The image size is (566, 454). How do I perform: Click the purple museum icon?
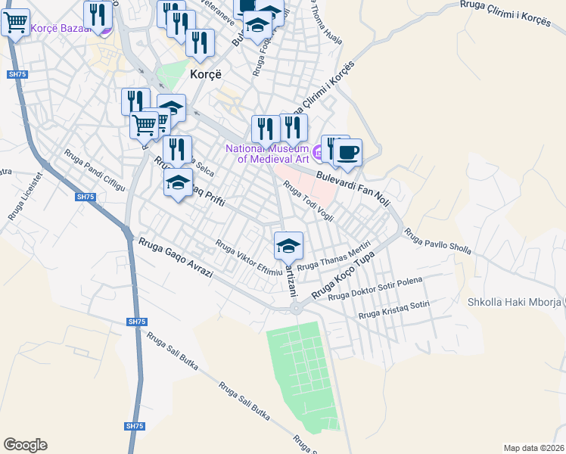click(319, 154)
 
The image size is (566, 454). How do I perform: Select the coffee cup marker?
click(347, 153)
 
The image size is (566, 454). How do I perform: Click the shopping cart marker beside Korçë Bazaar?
click(15, 23)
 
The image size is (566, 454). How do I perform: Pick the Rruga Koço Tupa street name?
click(344, 275)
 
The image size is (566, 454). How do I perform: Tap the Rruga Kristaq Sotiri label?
click(393, 309)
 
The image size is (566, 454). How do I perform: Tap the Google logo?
click(25, 445)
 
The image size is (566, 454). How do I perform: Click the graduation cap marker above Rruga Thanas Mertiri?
click(288, 246)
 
